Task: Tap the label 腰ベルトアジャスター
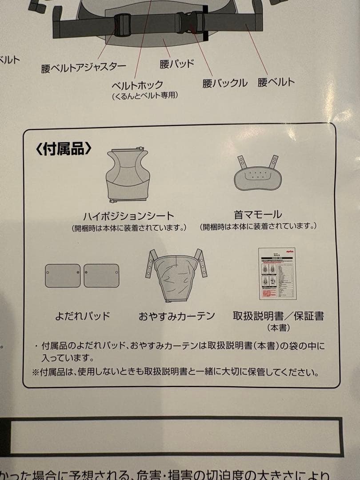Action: (x=84, y=68)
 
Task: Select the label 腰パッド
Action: (x=177, y=64)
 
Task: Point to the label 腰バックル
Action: (x=225, y=83)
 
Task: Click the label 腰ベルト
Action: (x=276, y=82)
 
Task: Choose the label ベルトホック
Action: (x=137, y=84)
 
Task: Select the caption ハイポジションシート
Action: (x=129, y=216)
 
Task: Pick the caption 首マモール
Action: (x=258, y=215)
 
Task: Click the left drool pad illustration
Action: (x=63, y=276)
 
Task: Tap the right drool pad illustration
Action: (x=101, y=276)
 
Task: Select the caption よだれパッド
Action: (x=83, y=316)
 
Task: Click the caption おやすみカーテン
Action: (x=177, y=316)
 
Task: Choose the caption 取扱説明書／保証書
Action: (x=279, y=316)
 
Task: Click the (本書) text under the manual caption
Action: (x=279, y=328)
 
